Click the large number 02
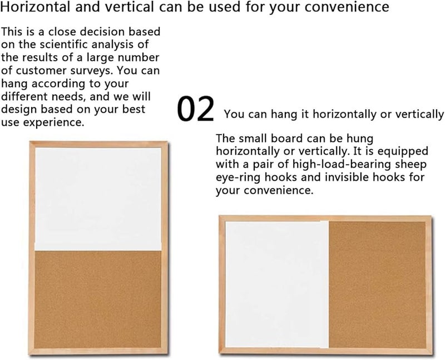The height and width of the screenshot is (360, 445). [x=196, y=110]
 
